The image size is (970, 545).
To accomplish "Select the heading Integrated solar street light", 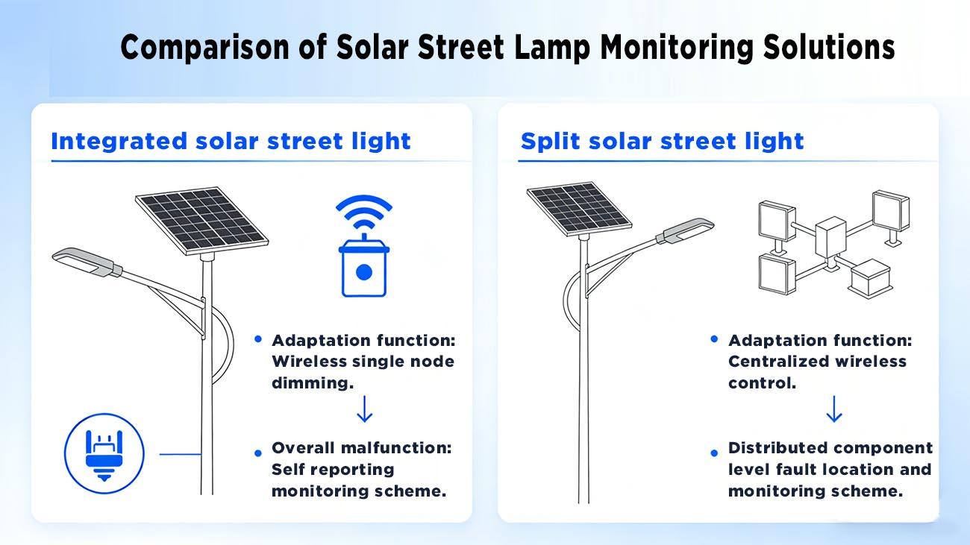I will click(x=231, y=141).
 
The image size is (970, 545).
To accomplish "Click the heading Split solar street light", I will click(x=662, y=141).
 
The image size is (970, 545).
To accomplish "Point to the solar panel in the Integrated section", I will click(x=201, y=218).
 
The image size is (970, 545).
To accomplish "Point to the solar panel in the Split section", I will click(x=579, y=207).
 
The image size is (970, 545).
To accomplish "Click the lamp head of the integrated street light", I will click(x=87, y=262).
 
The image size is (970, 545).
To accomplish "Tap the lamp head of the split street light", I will click(x=684, y=229).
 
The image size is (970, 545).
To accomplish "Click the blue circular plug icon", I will click(x=104, y=453).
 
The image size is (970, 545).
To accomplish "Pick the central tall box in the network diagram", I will click(x=828, y=236).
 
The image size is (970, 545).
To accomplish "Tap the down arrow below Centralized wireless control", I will click(x=833, y=409).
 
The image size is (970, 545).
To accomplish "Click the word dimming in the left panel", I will click(x=312, y=382).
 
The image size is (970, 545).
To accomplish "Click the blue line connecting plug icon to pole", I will click(x=180, y=453).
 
